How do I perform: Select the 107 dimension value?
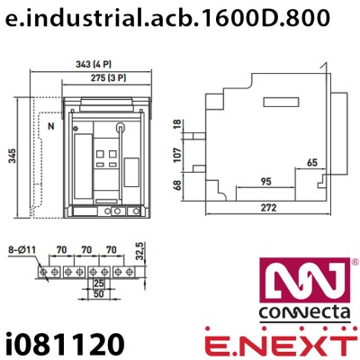click(x=176, y=153)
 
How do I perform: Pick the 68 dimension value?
click(x=176, y=186)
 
